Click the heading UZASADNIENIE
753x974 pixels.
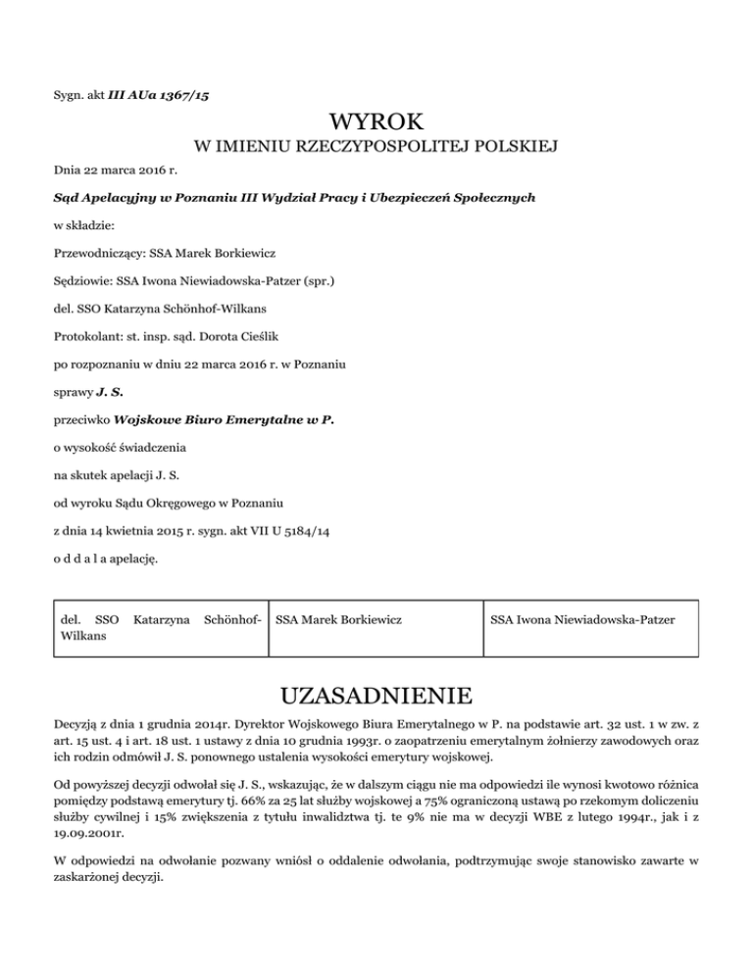(376, 698)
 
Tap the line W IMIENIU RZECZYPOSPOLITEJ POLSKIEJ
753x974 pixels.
(376, 148)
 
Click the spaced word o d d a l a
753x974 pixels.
(88, 560)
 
